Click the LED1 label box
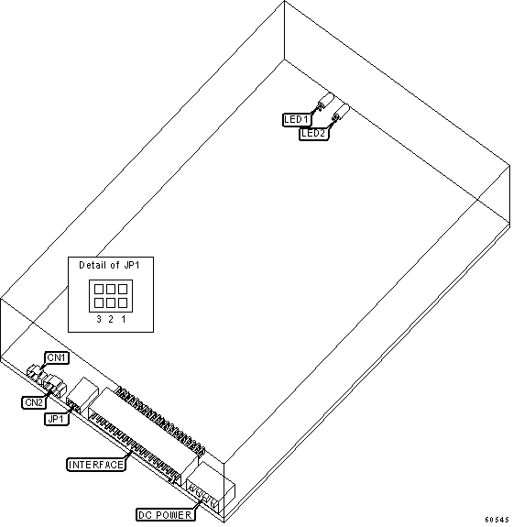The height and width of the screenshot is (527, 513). [x=297, y=120]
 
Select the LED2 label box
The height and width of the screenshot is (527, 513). [x=314, y=134]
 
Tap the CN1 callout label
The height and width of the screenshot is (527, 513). [x=57, y=357]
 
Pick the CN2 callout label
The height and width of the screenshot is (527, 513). [x=34, y=402]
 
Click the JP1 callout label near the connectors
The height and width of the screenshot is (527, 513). [x=57, y=419]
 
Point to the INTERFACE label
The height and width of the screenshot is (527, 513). [x=96, y=465]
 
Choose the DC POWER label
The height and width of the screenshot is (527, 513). [x=165, y=515]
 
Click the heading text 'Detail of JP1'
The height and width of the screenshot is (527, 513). [x=110, y=266]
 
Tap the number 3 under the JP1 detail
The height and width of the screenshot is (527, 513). [x=99, y=319]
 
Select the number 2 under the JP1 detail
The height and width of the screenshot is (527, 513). [x=111, y=319]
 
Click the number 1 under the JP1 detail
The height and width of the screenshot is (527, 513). [x=124, y=319]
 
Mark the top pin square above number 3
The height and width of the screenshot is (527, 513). [x=99, y=289]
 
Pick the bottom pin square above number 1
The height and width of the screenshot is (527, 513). [x=123, y=303]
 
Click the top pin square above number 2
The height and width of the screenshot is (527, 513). [x=111, y=289]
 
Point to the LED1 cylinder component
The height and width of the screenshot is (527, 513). [x=325, y=101]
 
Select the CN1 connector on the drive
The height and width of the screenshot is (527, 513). [x=35, y=372]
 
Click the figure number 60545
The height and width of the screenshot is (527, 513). [x=497, y=520]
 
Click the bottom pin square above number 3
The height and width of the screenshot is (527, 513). [x=99, y=303]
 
